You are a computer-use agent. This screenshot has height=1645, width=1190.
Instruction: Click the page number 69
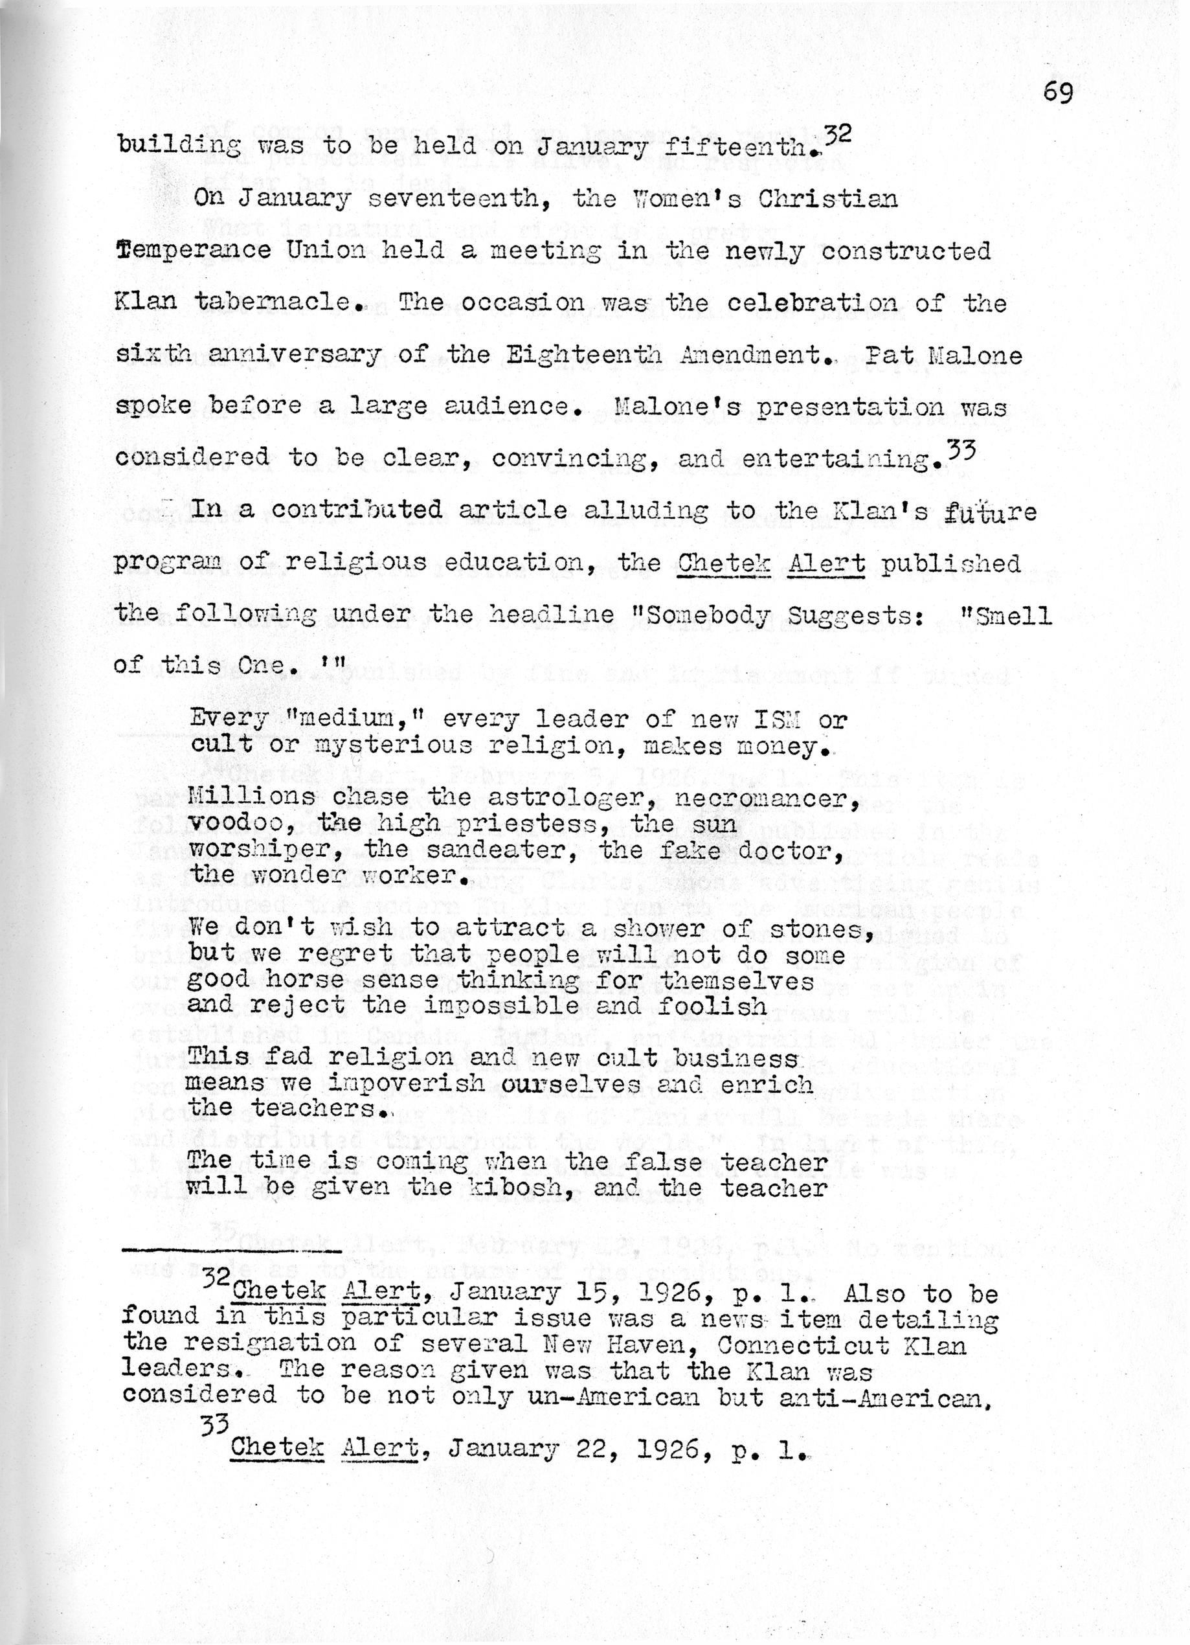click(1059, 93)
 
